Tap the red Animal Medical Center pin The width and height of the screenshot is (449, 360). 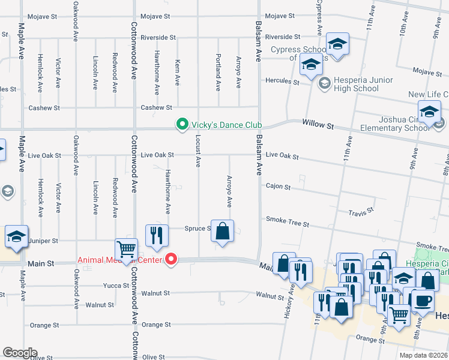click(x=171, y=260)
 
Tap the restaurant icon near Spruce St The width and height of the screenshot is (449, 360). click(x=157, y=235)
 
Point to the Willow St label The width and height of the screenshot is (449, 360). click(x=321, y=125)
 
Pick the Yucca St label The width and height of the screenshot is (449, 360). click(x=116, y=286)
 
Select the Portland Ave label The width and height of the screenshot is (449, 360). click(x=218, y=72)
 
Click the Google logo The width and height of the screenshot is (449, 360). click(x=20, y=353)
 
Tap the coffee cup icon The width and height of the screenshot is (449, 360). click(x=423, y=299)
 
